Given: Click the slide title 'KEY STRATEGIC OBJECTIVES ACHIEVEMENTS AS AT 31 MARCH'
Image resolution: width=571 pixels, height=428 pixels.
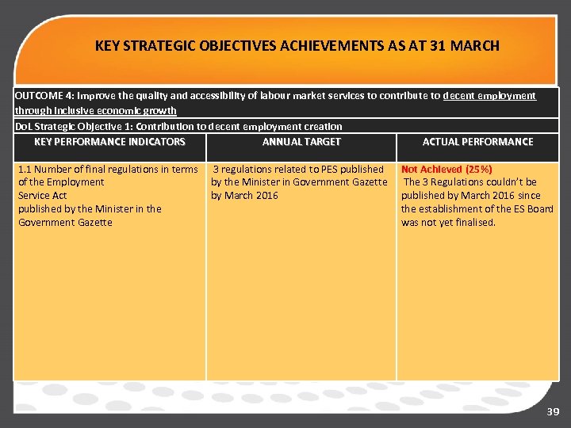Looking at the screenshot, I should (297, 46).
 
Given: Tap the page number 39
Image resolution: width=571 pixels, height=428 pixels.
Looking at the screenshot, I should (553, 412).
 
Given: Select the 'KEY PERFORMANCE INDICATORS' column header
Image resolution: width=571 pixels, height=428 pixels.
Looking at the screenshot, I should (109, 142).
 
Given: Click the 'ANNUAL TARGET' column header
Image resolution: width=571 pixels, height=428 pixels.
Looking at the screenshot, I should (301, 142).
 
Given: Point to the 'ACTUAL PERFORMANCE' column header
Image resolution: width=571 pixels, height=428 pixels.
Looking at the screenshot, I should (477, 142).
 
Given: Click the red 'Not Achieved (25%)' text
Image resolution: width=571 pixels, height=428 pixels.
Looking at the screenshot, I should (446, 169).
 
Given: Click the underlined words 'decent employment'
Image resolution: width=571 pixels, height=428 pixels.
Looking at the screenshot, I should (489, 96).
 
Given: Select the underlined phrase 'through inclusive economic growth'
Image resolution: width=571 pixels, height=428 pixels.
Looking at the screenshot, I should (95, 111).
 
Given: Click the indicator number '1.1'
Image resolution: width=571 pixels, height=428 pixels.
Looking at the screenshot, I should (25, 169).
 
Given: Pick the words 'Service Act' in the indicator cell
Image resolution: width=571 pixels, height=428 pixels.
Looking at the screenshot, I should (42, 196).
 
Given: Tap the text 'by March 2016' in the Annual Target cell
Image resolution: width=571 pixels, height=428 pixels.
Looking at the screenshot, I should (244, 196).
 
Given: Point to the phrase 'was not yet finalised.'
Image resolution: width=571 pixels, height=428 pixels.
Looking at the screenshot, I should (448, 223).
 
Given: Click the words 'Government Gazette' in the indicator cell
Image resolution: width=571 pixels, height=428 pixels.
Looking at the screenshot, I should (65, 223).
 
